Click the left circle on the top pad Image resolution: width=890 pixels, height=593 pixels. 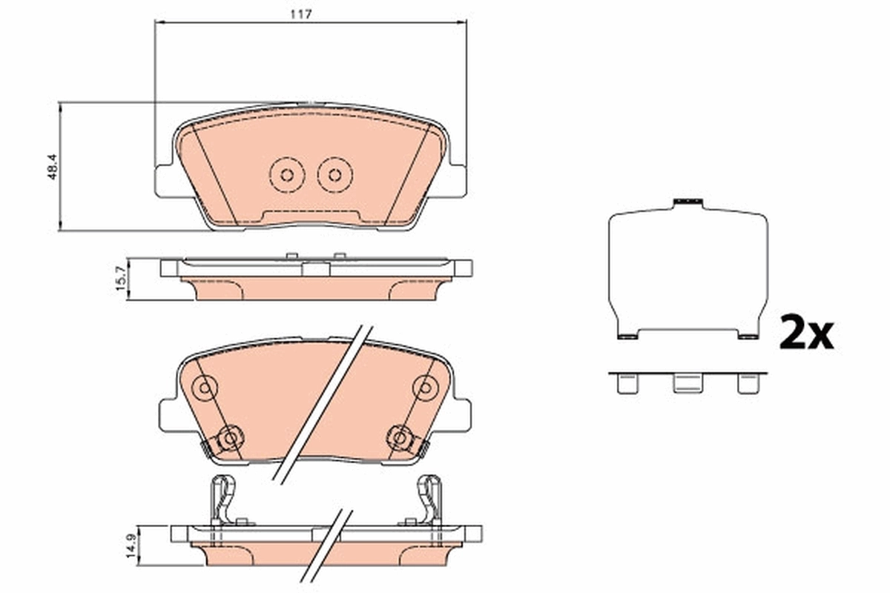tap(286, 175)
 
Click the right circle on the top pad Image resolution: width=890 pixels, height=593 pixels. tap(334, 175)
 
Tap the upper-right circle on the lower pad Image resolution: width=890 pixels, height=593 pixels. tap(425, 386)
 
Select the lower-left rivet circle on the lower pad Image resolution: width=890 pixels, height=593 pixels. tap(229, 439)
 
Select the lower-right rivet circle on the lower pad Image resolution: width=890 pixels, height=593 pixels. tap(400, 439)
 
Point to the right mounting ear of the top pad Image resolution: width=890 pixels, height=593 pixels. tap(455, 181)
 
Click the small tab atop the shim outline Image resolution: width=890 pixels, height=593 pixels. tap(687, 202)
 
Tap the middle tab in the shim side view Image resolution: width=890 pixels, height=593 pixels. tap(687, 383)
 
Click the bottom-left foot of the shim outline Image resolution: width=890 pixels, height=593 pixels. tap(627, 336)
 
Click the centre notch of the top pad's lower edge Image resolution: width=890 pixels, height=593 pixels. tap(311, 216)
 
